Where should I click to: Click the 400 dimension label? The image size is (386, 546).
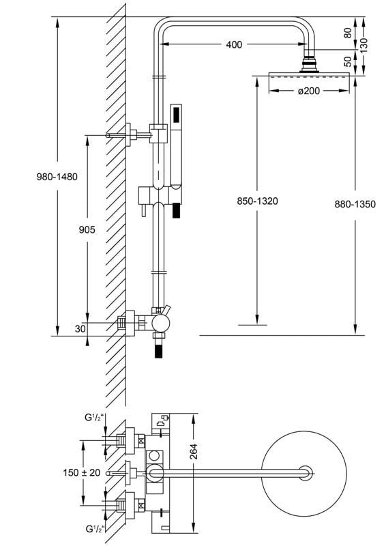(x=233, y=44)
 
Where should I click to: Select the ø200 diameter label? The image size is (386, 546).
(x=309, y=91)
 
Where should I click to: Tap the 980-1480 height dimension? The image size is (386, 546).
(x=57, y=177)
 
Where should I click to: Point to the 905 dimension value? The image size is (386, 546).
(x=87, y=229)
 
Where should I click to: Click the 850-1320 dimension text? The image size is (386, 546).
(x=258, y=201)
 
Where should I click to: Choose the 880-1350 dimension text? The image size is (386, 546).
(x=355, y=204)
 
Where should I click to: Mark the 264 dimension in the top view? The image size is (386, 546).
(x=194, y=451)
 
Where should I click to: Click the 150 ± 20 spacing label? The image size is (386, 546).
(x=82, y=472)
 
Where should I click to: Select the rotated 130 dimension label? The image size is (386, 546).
(x=363, y=45)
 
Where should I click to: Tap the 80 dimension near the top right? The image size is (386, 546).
(x=348, y=33)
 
